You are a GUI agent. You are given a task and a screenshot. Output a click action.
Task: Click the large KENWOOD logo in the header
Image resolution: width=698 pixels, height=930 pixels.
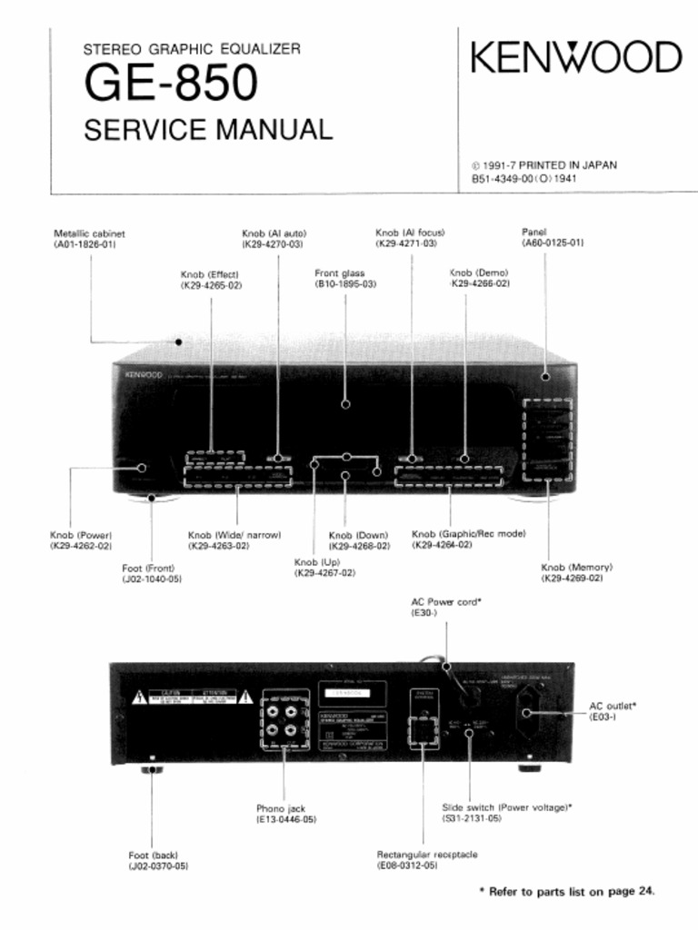click(576, 57)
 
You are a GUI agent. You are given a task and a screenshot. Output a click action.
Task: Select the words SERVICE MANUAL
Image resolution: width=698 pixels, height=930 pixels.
click(208, 130)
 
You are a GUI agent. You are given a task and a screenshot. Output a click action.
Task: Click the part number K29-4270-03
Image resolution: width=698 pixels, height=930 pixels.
click(272, 244)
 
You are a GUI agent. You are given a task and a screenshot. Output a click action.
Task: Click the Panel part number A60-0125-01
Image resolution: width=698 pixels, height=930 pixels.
click(553, 243)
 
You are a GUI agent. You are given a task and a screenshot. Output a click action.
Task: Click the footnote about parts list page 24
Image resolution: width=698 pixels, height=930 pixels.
click(566, 891)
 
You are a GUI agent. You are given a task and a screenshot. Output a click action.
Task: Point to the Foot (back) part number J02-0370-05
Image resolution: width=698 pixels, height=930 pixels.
click(158, 866)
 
